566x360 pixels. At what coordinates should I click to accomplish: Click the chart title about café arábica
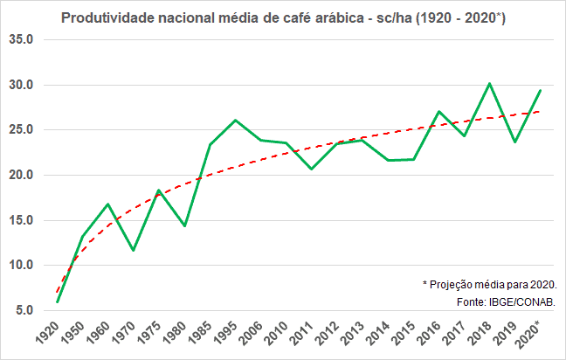pyautogui.click(x=282, y=18)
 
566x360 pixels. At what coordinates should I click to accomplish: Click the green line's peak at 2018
pyautogui.click(x=489, y=83)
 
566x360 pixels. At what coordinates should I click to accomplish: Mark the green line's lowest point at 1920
pyautogui.click(x=57, y=302)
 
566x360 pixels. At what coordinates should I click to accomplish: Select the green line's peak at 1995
pyautogui.click(x=234, y=120)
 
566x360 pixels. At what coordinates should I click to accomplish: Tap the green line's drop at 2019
pyautogui.click(x=514, y=142)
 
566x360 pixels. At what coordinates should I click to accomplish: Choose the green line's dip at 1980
pyautogui.click(x=184, y=226)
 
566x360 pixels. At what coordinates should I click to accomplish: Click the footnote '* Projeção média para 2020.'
pyautogui.click(x=489, y=285)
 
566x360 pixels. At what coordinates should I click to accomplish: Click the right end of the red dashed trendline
pyautogui.click(x=540, y=111)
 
